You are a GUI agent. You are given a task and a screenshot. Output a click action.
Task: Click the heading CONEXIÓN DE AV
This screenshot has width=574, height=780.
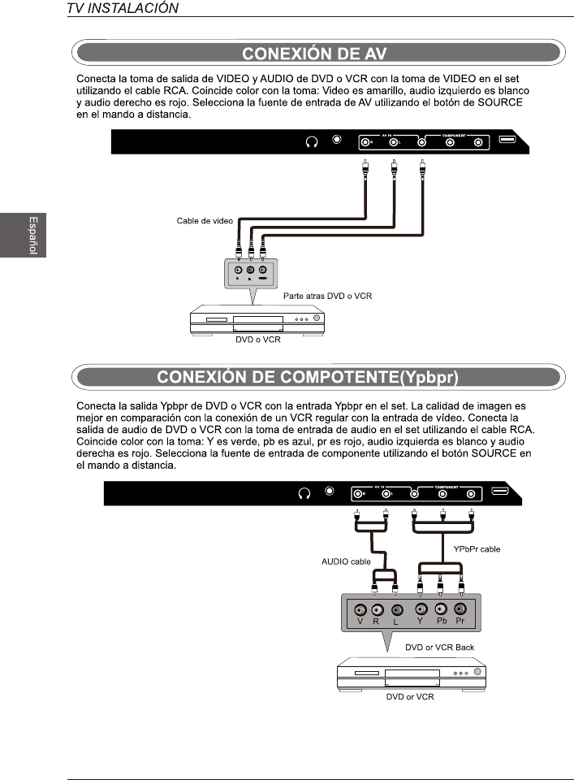(317, 54)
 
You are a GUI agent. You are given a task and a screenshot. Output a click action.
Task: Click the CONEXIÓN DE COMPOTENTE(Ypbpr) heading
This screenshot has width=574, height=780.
(317, 377)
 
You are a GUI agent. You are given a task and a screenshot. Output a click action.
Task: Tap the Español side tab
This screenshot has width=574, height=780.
(33, 235)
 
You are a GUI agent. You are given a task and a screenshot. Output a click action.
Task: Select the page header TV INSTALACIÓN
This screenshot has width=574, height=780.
(123, 9)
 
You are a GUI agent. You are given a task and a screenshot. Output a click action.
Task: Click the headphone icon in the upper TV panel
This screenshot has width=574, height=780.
(311, 141)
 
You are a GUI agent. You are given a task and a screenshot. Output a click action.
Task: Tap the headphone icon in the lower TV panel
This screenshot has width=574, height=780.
(305, 493)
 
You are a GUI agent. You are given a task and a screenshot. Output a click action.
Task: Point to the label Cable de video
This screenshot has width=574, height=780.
(205, 221)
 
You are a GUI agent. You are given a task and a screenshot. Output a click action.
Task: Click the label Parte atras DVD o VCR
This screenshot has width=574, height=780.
(327, 297)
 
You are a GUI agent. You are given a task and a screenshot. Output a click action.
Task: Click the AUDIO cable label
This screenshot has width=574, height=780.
(346, 561)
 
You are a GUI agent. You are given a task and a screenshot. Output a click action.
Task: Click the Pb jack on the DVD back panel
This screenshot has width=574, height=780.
(441, 609)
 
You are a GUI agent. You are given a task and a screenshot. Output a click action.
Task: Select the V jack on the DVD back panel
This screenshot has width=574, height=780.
(359, 609)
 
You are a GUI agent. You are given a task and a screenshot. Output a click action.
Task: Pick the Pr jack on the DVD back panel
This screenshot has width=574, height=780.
(460, 609)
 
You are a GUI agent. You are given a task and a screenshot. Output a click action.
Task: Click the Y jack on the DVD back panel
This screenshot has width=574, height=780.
(421, 609)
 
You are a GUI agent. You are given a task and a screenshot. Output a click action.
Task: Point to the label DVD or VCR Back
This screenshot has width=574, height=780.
(439, 648)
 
